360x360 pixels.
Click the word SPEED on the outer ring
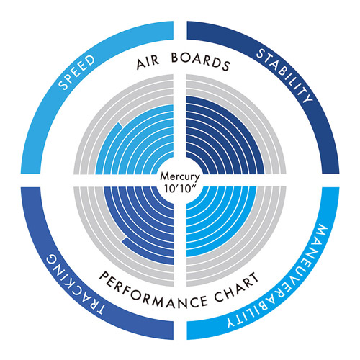(x=77, y=72)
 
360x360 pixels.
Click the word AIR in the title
(x=148, y=63)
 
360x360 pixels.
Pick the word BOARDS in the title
(x=201, y=61)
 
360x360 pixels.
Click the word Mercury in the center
(x=180, y=177)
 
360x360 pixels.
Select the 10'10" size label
(x=179, y=189)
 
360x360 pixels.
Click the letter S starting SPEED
(x=63, y=85)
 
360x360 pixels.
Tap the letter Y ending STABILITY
(x=307, y=97)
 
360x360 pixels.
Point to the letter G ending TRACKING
(x=53, y=259)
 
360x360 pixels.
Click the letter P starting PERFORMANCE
(x=104, y=276)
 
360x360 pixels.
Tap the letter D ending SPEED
(x=91, y=60)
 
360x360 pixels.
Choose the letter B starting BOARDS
(x=176, y=58)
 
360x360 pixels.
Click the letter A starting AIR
(x=141, y=64)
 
